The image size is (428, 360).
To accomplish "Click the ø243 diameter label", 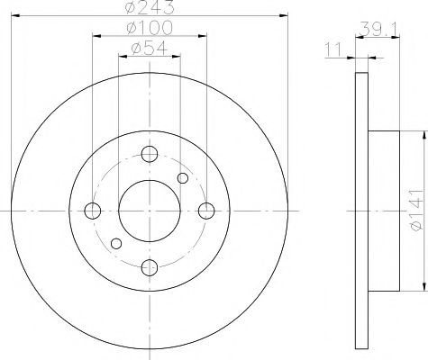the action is [150, 6].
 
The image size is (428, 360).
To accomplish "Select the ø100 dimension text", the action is [150, 28].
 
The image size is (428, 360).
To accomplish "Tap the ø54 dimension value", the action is [150, 48].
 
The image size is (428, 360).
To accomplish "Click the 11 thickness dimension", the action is [333, 49].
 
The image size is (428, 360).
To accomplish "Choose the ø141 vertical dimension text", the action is [415, 211].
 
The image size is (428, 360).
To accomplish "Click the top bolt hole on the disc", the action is [150, 154].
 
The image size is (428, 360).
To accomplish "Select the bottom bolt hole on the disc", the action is [150, 267].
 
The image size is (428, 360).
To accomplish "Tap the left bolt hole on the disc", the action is [93, 211].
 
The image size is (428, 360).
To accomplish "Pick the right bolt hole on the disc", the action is [206, 211].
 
